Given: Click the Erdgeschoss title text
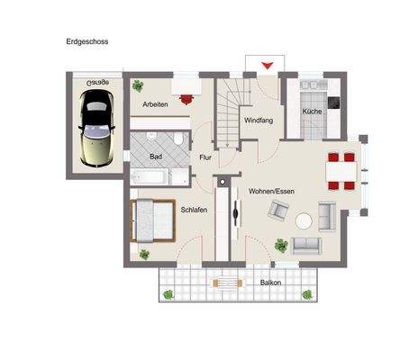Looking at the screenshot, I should pos(87,41).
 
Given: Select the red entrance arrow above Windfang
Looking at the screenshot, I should pos(266,66).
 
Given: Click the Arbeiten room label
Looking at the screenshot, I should pos(155,104).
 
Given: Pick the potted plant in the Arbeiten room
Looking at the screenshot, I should pos(138,86).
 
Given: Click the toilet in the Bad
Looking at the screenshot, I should pos(179,140).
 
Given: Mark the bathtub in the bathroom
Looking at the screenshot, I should pos(150,176).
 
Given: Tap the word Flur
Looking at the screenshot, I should pos(205,157).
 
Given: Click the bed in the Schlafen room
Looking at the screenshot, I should pos(151,220).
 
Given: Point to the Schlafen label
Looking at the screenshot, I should pos(194,210).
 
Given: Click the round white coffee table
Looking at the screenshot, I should pos(305,219).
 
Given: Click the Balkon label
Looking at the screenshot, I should pos(270,283).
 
